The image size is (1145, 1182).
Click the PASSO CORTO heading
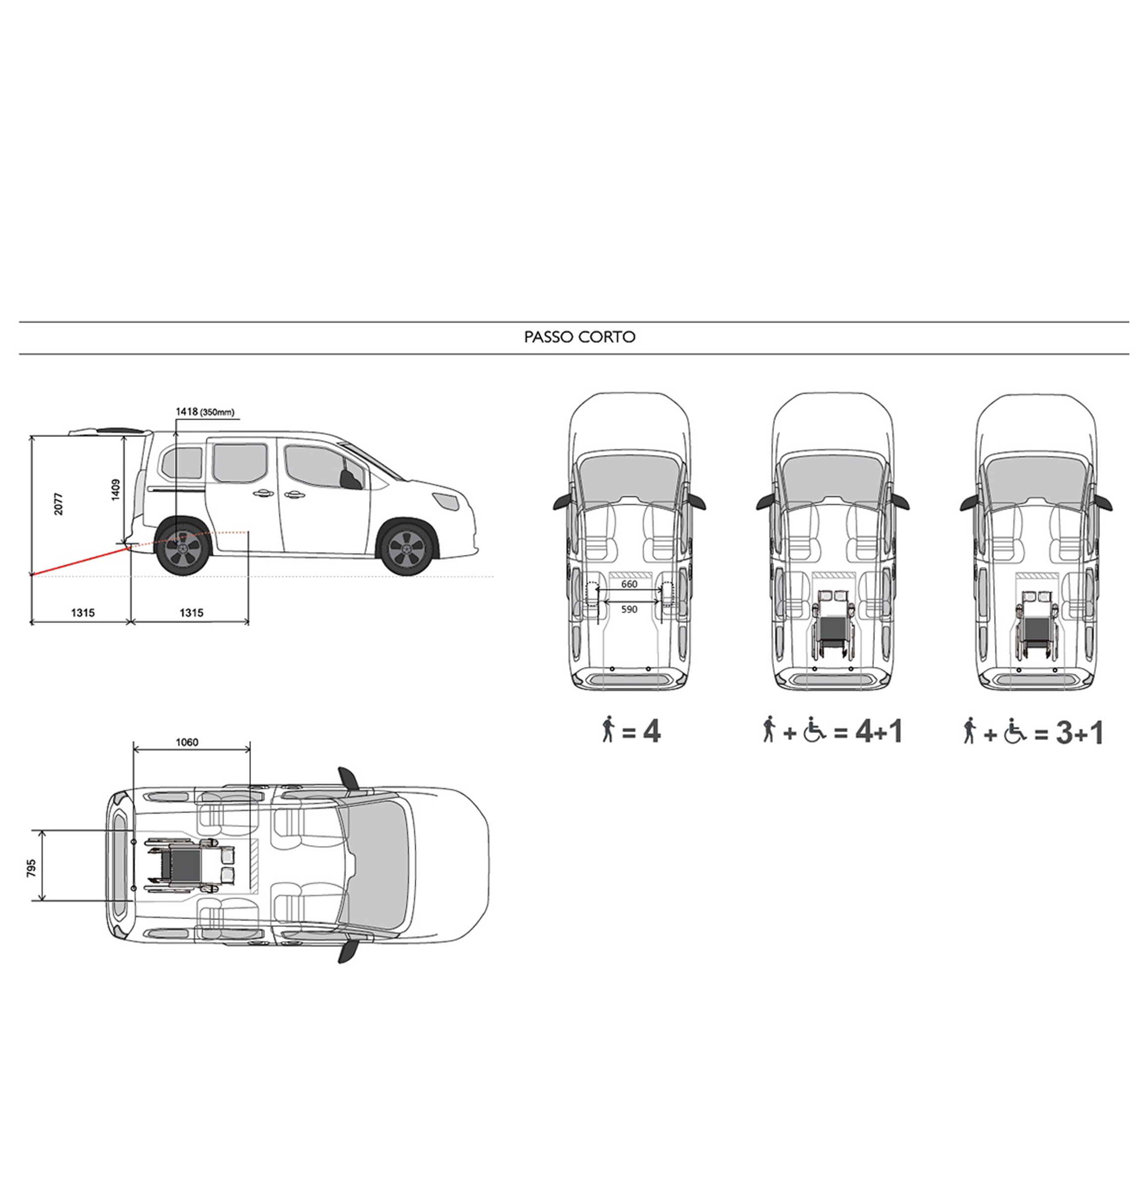[x=579, y=337]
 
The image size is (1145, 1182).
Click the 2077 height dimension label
[x=58, y=503]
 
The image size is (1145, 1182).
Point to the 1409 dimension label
[x=116, y=489]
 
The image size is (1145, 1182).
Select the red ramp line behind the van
[x=80, y=561]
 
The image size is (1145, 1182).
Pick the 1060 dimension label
[x=187, y=742]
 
